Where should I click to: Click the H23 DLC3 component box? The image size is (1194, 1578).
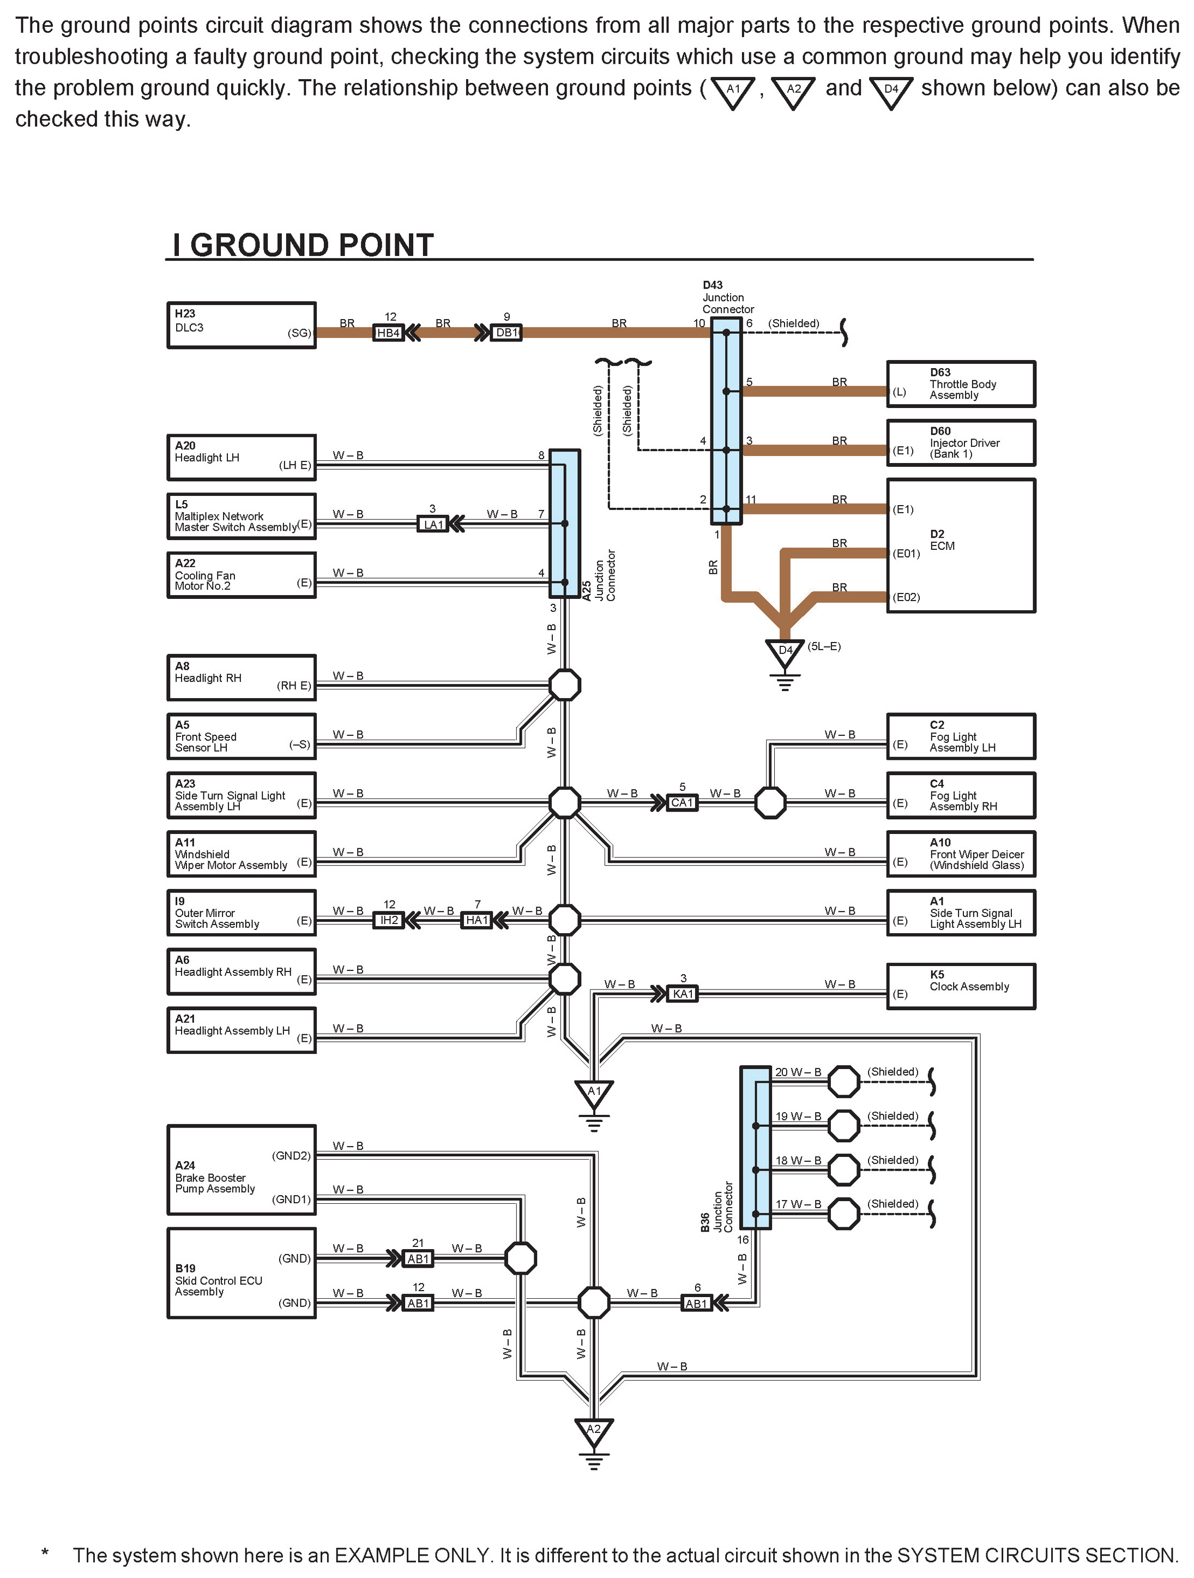[x=241, y=325]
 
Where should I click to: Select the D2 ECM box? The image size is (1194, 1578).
[x=961, y=546]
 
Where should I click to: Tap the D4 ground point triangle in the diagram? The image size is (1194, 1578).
[x=785, y=651]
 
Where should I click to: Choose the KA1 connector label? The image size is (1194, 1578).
[x=683, y=994]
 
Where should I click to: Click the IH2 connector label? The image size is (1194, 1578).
[x=389, y=921]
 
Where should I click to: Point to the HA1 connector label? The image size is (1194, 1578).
[x=477, y=921]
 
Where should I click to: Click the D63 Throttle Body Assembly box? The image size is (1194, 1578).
[x=961, y=385]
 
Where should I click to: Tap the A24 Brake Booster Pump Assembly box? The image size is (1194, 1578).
[x=241, y=1170]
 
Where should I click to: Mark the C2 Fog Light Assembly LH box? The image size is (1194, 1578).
[x=961, y=737]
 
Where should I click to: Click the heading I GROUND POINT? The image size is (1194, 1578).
[x=303, y=245]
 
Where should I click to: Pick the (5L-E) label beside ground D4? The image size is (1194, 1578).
[x=824, y=647]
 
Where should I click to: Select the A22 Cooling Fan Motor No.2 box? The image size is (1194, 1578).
[x=241, y=575]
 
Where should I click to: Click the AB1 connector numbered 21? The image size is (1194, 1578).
[x=418, y=1259]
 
